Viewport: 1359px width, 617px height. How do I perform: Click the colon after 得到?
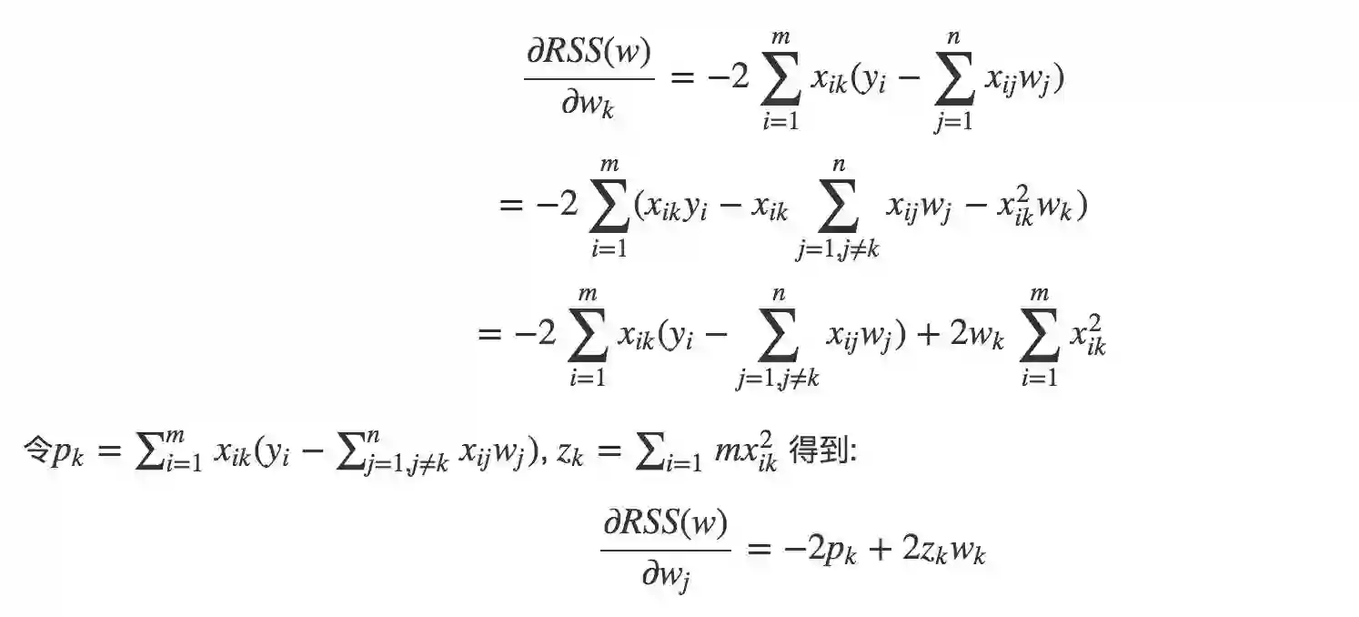pyautogui.click(x=852, y=453)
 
